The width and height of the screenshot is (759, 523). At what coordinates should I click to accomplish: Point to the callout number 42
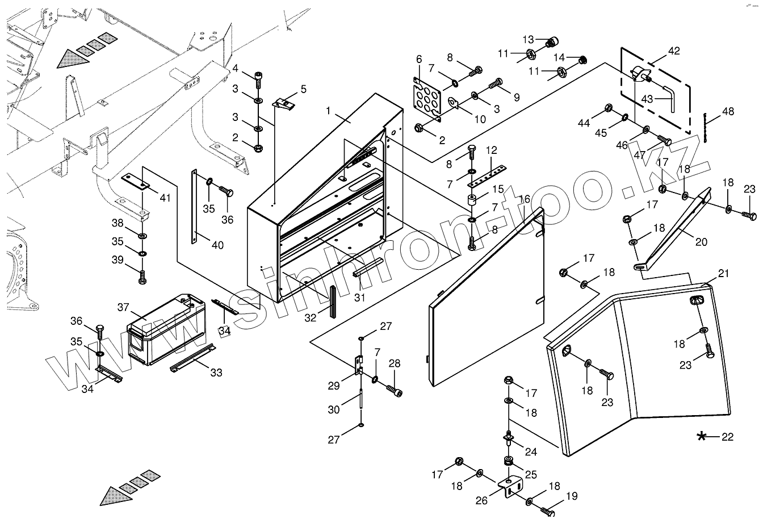673,51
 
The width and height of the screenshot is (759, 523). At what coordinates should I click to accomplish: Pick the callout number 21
723,274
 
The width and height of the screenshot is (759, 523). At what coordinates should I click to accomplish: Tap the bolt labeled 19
548,511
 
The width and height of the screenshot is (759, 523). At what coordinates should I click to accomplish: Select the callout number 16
524,199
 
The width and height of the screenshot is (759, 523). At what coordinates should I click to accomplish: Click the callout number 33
216,373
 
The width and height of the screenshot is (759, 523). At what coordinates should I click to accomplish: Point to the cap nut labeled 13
552,41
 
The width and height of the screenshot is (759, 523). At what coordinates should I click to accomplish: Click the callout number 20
701,241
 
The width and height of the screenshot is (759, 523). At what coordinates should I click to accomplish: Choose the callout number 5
303,89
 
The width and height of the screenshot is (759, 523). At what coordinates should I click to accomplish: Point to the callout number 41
165,198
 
